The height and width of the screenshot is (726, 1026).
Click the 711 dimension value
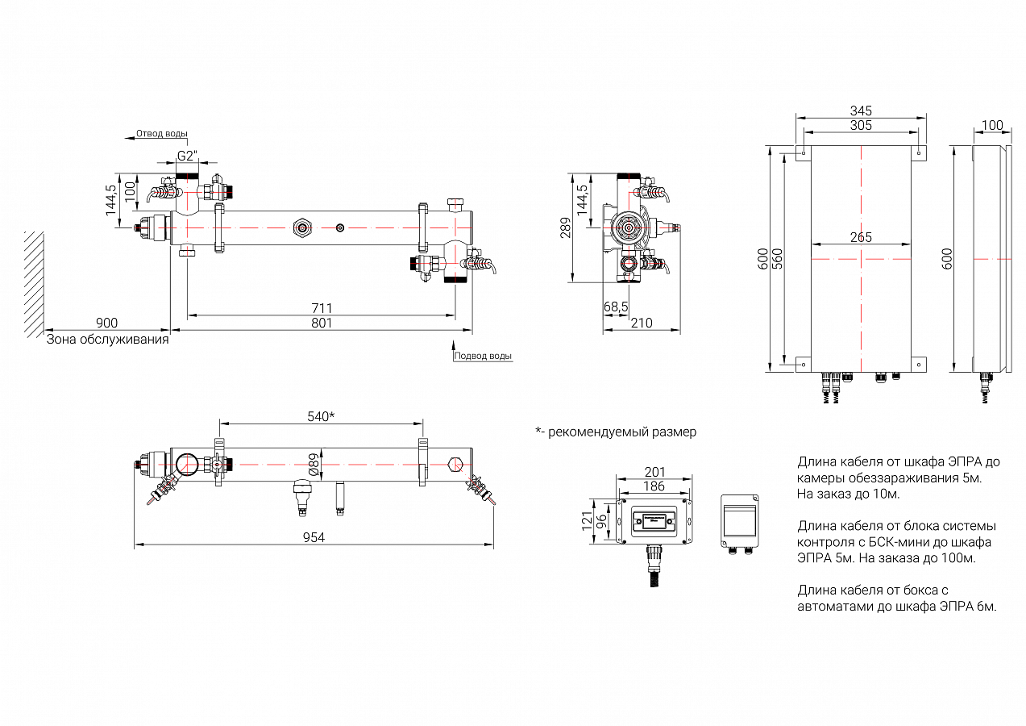321,308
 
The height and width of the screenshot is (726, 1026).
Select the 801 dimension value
321,323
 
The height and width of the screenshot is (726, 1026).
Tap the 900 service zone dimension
106,323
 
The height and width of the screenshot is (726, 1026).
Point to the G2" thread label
186,156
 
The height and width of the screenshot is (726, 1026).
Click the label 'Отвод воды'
162,133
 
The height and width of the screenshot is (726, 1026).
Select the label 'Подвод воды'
483,356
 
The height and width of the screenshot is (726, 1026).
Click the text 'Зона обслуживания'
107,340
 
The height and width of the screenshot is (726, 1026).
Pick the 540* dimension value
321,416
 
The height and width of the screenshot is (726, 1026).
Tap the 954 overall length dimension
314,537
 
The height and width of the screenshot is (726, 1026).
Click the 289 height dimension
565,230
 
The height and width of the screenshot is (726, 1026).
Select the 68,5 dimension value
616,307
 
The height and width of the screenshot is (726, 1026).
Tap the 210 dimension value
642,323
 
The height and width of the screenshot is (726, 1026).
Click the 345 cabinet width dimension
861,111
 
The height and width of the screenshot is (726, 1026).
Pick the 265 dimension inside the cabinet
861,238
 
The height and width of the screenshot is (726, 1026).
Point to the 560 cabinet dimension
777,258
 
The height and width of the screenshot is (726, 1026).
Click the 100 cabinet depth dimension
993,125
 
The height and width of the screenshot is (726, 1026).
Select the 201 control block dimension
654,472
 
